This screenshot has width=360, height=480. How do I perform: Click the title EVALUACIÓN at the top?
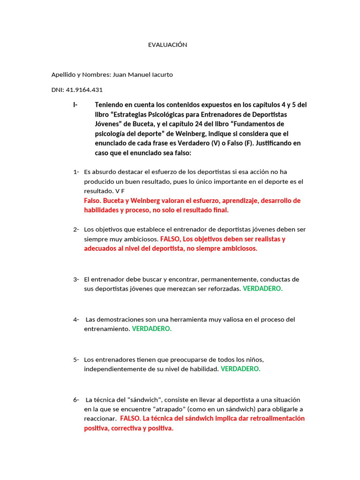(167, 45)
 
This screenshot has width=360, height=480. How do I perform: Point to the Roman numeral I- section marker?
(75, 105)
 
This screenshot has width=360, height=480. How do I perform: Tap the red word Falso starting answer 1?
(92, 201)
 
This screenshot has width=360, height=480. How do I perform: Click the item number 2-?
(76, 229)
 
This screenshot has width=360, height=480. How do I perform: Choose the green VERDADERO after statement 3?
(262, 289)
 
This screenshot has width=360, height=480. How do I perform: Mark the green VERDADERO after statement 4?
(152, 329)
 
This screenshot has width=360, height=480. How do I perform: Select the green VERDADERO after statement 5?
(240, 369)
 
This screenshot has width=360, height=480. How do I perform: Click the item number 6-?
(76, 399)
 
